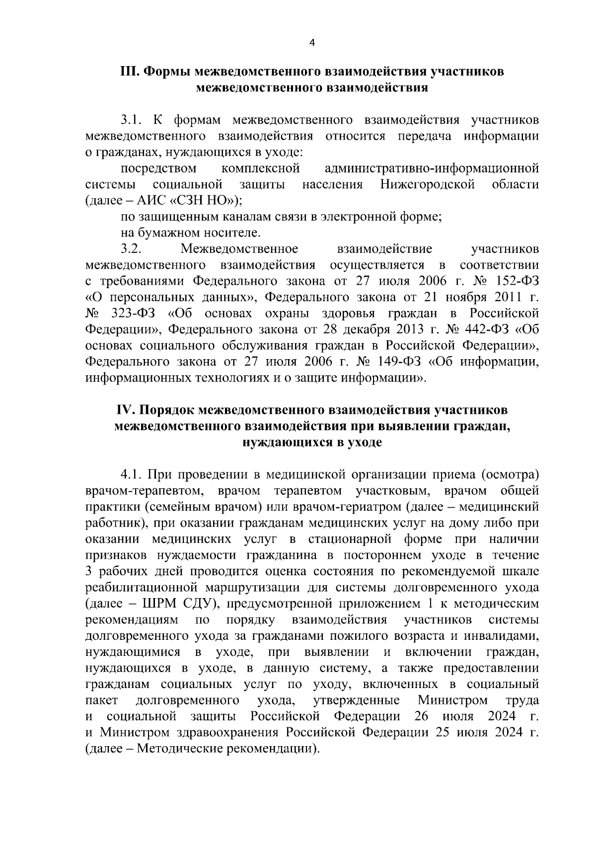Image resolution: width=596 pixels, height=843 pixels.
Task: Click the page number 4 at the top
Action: (312, 43)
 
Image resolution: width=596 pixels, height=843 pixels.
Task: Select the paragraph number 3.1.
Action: (132, 120)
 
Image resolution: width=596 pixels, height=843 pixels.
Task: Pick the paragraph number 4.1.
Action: (132, 475)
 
